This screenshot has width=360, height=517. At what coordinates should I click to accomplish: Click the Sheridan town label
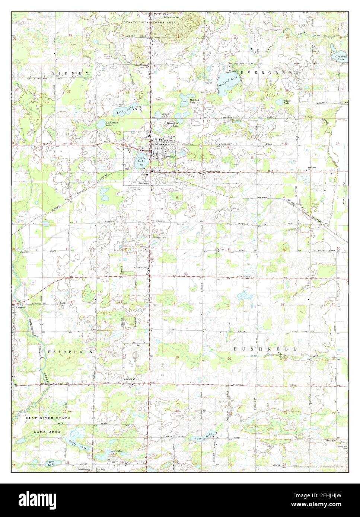click(x=169, y=157)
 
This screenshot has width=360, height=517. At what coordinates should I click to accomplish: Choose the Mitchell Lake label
click(x=194, y=101)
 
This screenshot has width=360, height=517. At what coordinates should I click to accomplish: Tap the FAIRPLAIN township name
click(x=70, y=351)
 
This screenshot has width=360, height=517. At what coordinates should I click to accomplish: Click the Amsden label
click(x=20, y=307)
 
